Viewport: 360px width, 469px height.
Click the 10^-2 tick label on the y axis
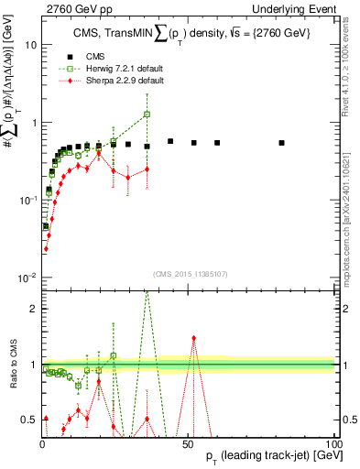(x=27, y=278)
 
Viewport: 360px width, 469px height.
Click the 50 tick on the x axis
(x=188, y=443)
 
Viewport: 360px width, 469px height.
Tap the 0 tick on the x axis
(x=42, y=443)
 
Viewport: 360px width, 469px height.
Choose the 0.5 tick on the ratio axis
(x=28, y=420)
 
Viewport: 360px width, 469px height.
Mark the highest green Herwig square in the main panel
(x=147, y=115)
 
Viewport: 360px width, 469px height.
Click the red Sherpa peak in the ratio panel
(x=193, y=337)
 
